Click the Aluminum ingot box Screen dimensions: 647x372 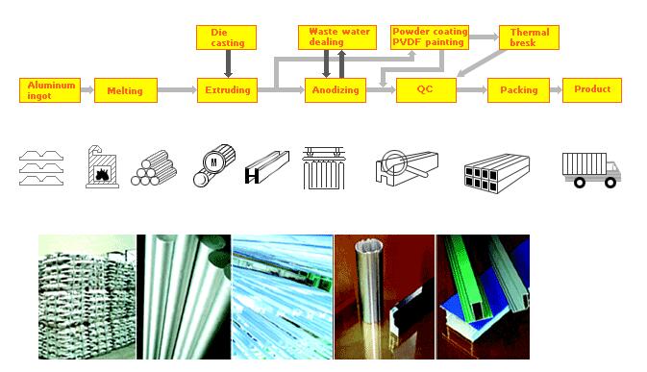coord(50,90)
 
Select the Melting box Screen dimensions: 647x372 coord(126,90)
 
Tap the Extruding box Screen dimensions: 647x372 coord(227,90)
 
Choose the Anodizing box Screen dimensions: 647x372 coord(336,90)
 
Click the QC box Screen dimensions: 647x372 coord(426,90)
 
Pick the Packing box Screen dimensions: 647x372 coord(519,90)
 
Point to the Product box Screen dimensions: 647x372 coord(592,90)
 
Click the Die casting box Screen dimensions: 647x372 coord(227,37)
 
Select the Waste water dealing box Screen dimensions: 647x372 coord(337,37)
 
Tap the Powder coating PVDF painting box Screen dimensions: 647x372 coord(430,37)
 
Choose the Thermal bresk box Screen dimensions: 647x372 coord(530,37)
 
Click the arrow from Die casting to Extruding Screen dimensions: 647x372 coord(228,63)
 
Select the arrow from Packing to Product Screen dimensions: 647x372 coord(556,90)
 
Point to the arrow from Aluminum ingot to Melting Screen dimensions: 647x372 coord(87,90)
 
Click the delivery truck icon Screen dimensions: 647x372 coord(591,170)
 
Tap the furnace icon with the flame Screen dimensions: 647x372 coord(102,166)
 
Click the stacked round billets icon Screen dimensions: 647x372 coord(154,168)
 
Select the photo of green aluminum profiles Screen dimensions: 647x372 coord(483,297)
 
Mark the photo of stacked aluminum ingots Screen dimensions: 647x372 coord(87,297)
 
